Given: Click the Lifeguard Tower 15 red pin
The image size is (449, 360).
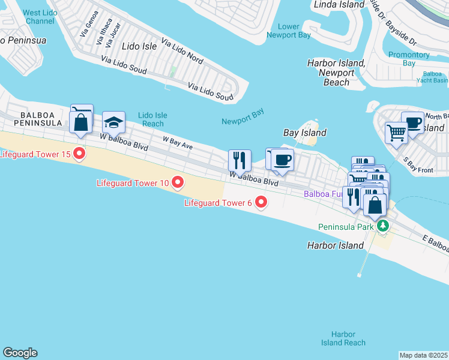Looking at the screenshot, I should coord(79,154).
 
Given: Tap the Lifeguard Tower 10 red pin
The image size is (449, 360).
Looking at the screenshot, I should coord(177,181).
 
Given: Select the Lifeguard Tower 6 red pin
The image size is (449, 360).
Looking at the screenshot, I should coord(261,203).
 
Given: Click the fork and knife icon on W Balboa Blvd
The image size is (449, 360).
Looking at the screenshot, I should coord(239,160).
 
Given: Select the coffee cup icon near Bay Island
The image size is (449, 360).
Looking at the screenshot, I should coord(282,160).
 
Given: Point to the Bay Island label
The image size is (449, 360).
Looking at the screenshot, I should coord(304,133).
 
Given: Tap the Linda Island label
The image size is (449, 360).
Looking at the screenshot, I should coord(339,5).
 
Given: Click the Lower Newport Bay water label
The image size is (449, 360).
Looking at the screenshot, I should coord(289,31).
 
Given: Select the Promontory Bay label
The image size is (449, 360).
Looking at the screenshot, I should coord(408,59).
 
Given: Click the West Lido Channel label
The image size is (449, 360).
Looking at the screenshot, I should coord(40,17).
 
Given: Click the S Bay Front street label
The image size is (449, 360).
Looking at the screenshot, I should coord(418,166).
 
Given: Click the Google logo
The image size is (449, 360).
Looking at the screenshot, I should coord(20,353).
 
